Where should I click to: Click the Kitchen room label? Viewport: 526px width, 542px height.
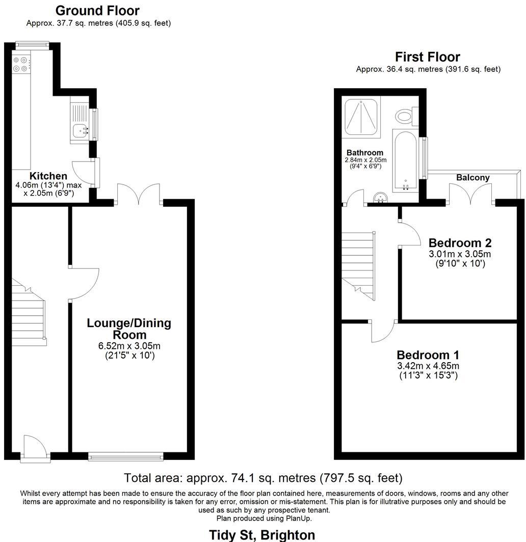click(48, 176)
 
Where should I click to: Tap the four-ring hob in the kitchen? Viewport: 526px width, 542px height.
click(20, 64)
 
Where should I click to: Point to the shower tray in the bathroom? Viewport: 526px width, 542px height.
click(361, 117)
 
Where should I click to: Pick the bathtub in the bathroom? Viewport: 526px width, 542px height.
click(405, 160)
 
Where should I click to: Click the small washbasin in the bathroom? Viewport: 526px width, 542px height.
click(380, 198)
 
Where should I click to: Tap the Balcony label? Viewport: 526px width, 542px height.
click(473, 178)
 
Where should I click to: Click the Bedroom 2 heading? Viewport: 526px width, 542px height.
click(460, 242)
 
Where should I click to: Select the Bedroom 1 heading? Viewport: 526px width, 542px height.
click(428, 355)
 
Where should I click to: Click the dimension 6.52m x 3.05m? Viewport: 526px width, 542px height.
click(129, 346)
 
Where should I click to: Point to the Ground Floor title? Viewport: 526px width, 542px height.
click(97, 11)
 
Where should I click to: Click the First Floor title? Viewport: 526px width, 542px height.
click(428, 57)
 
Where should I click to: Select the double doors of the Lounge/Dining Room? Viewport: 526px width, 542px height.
click(139, 195)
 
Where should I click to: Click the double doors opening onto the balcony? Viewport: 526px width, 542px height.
click(470, 195)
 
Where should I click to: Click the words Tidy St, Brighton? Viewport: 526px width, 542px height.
click(262, 535)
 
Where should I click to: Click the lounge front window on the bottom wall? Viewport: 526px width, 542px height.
click(125, 456)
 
